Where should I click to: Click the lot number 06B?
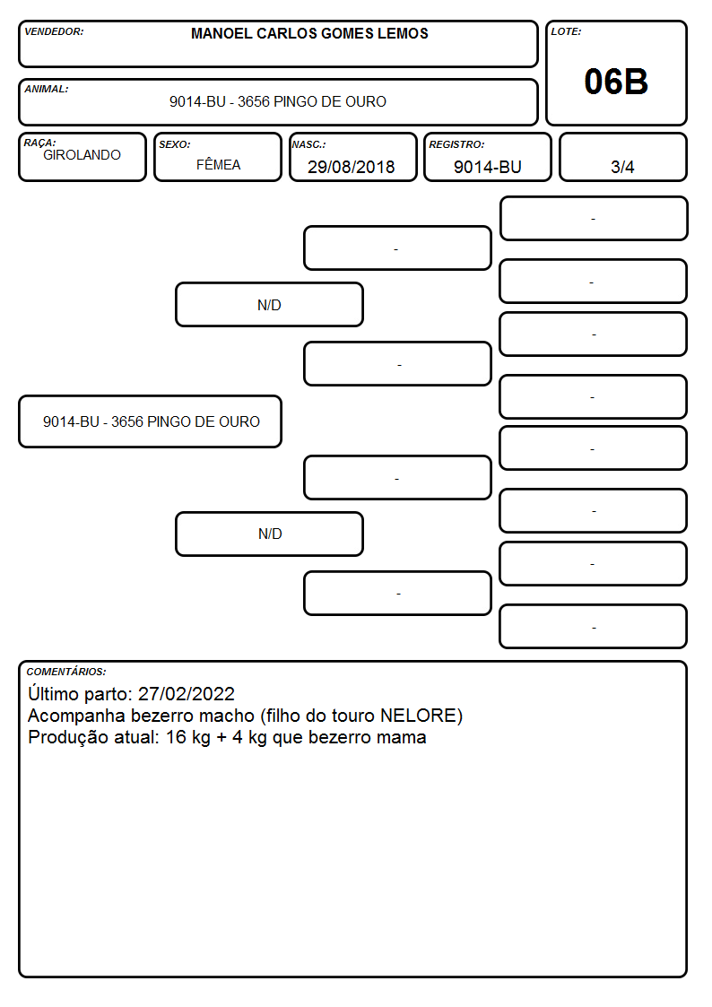click(x=616, y=82)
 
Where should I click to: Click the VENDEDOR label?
click(x=54, y=31)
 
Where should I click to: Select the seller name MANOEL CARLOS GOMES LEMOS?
click(x=309, y=33)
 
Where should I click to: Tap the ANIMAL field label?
click(x=47, y=89)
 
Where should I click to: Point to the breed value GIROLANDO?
click(x=82, y=155)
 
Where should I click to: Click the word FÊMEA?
click(x=218, y=164)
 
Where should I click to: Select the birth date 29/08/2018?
click(x=351, y=167)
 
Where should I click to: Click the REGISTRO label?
click(x=456, y=144)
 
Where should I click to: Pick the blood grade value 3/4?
click(x=622, y=167)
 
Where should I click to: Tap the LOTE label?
click(x=566, y=31)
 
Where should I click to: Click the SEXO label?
click(x=175, y=144)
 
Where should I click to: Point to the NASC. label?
click(x=308, y=144)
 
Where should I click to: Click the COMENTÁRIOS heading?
click(x=66, y=672)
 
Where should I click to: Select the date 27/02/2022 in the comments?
click(x=187, y=693)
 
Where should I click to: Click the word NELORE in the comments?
click(x=421, y=716)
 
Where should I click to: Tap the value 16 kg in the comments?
click(x=188, y=737)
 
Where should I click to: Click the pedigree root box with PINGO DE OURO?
click(x=151, y=421)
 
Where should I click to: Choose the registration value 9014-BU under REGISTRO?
click(x=487, y=167)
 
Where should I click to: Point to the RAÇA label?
click(x=39, y=143)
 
